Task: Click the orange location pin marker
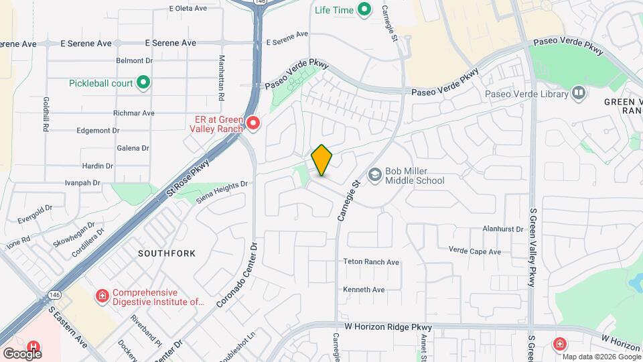(322, 160)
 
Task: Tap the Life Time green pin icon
(364, 9)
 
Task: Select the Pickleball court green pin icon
(143, 83)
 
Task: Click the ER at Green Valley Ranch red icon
(253, 123)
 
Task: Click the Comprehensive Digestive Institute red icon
(102, 296)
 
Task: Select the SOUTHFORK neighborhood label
(167, 253)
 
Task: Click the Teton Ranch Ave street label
(371, 262)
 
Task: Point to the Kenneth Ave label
(364, 290)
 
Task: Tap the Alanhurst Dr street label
(503, 229)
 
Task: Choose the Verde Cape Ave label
(475, 251)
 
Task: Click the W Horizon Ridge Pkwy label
(388, 326)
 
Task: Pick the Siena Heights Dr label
(222, 191)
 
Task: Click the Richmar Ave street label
(134, 113)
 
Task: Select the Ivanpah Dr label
(82, 182)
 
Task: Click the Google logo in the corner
(21, 353)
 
